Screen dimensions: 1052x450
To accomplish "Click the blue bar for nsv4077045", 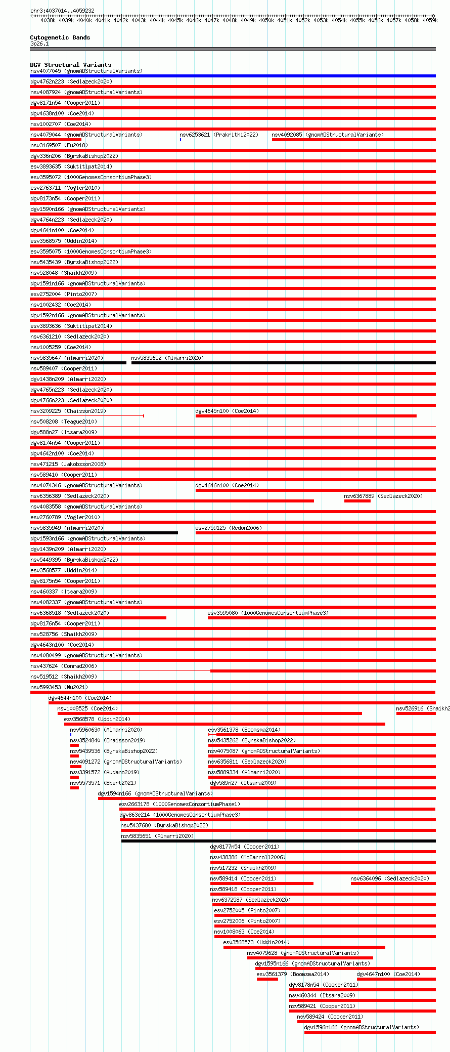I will point(233,76).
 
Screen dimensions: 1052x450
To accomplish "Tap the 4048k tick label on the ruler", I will point(230,21).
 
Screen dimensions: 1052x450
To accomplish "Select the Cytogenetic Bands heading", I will point(60,37).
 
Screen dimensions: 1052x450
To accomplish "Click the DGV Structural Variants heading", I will point(70,65).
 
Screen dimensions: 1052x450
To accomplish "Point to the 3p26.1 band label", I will point(39,44).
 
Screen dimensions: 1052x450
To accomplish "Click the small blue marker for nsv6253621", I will point(181,140).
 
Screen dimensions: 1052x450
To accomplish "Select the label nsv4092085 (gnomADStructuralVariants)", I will point(327,135).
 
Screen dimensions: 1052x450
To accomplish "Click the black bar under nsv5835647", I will point(78,363).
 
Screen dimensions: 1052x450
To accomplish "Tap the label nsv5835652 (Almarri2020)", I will point(167,358).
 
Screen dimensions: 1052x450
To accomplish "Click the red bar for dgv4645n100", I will point(306,416).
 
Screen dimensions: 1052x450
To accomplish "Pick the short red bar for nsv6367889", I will point(357,501).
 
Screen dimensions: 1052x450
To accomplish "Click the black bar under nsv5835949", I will point(104,533).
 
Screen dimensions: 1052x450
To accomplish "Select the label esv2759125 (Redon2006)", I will point(228,528).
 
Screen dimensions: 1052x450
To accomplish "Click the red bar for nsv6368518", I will point(98,618).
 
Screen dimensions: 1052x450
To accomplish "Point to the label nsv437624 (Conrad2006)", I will point(63,666).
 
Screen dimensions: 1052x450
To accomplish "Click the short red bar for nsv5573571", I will point(74,788).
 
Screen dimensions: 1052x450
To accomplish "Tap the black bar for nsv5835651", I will point(278,841).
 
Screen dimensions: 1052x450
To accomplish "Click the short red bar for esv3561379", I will point(267,979).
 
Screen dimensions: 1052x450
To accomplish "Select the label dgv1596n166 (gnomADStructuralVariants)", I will point(361,1027).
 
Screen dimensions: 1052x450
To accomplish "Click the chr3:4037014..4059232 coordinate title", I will point(62,11).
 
